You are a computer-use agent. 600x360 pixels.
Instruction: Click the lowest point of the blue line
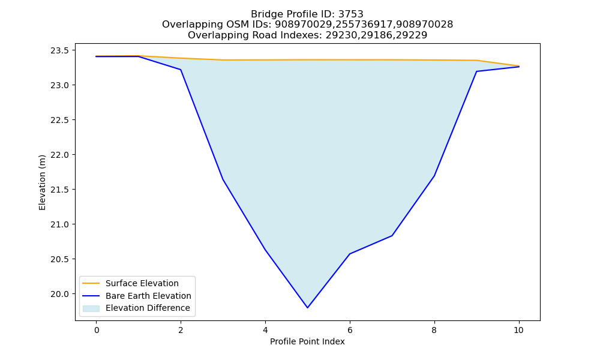click(x=307, y=308)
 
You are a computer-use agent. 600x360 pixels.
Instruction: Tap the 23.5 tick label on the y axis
click(x=59, y=50)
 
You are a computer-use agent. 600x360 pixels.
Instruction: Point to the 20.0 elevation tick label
click(x=59, y=294)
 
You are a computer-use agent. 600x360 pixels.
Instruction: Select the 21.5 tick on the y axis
click(x=59, y=190)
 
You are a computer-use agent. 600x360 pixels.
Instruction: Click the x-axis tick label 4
click(x=265, y=330)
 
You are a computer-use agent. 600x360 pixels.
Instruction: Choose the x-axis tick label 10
click(x=518, y=330)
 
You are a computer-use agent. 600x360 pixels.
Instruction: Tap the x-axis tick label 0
click(x=97, y=330)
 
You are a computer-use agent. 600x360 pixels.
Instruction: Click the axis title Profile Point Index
click(x=307, y=341)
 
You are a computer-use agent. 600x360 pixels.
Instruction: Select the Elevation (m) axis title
click(x=42, y=182)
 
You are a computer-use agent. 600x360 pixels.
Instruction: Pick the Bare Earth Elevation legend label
click(x=148, y=296)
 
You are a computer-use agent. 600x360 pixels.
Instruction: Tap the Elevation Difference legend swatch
click(x=91, y=308)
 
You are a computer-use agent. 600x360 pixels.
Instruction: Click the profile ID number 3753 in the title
click(x=350, y=14)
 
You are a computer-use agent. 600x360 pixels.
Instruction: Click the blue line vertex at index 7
click(x=392, y=236)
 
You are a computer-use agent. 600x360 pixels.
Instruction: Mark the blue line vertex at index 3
click(x=223, y=179)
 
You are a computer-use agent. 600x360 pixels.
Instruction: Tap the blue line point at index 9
click(x=476, y=71)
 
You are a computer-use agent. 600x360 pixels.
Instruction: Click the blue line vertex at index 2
click(x=181, y=70)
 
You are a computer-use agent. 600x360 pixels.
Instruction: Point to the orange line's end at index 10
click(x=519, y=66)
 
